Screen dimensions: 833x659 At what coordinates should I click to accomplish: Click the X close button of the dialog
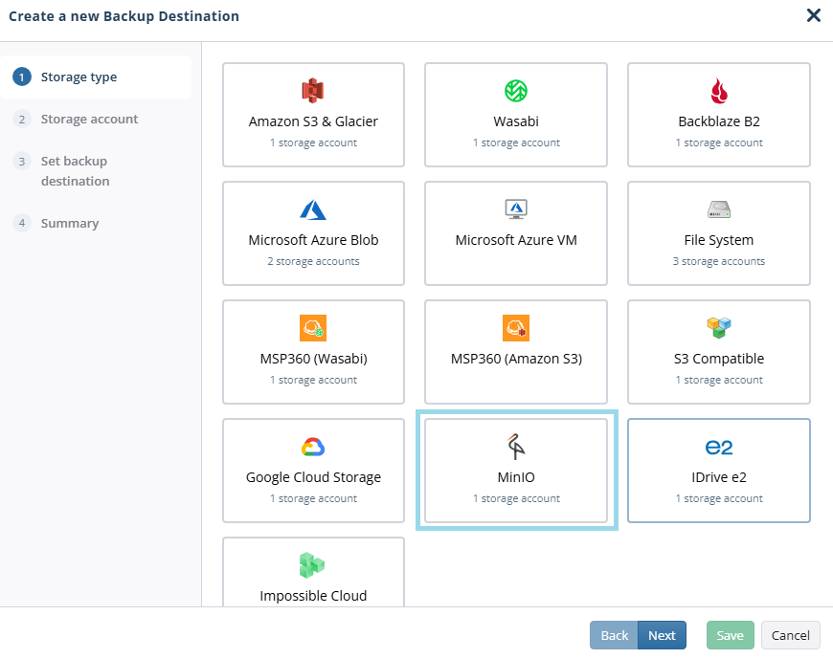tap(813, 15)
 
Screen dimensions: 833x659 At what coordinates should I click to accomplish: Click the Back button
tap(614, 635)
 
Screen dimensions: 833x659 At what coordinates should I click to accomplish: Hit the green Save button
tap(730, 635)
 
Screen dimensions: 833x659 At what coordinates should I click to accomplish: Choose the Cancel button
tap(791, 635)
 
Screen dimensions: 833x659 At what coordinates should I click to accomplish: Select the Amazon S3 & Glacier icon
tap(313, 91)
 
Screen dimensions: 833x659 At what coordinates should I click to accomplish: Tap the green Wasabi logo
tap(516, 91)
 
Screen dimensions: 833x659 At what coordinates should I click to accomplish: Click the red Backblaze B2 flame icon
tap(719, 91)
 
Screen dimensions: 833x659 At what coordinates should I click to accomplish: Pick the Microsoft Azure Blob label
tap(313, 240)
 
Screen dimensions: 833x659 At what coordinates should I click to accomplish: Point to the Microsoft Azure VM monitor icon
tap(516, 209)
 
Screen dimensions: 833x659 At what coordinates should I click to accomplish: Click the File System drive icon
tap(719, 209)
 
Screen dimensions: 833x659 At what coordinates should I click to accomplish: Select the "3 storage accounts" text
tap(719, 261)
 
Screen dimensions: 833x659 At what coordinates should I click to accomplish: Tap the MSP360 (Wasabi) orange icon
tap(313, 328)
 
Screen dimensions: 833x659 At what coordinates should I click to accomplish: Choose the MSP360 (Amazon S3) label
tap(516, 359)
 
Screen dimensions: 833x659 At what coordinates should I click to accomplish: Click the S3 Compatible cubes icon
tap(719, 327)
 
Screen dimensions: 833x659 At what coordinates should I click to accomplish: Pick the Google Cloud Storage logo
tap(313, 447)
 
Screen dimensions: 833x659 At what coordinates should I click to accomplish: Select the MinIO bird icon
tap(516, 447)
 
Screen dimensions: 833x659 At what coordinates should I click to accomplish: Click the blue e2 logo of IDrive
tap(719, 448)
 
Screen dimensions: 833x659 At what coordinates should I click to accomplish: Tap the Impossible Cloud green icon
tap(312, 565)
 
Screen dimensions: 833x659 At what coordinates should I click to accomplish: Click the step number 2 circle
tap(22, 119)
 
